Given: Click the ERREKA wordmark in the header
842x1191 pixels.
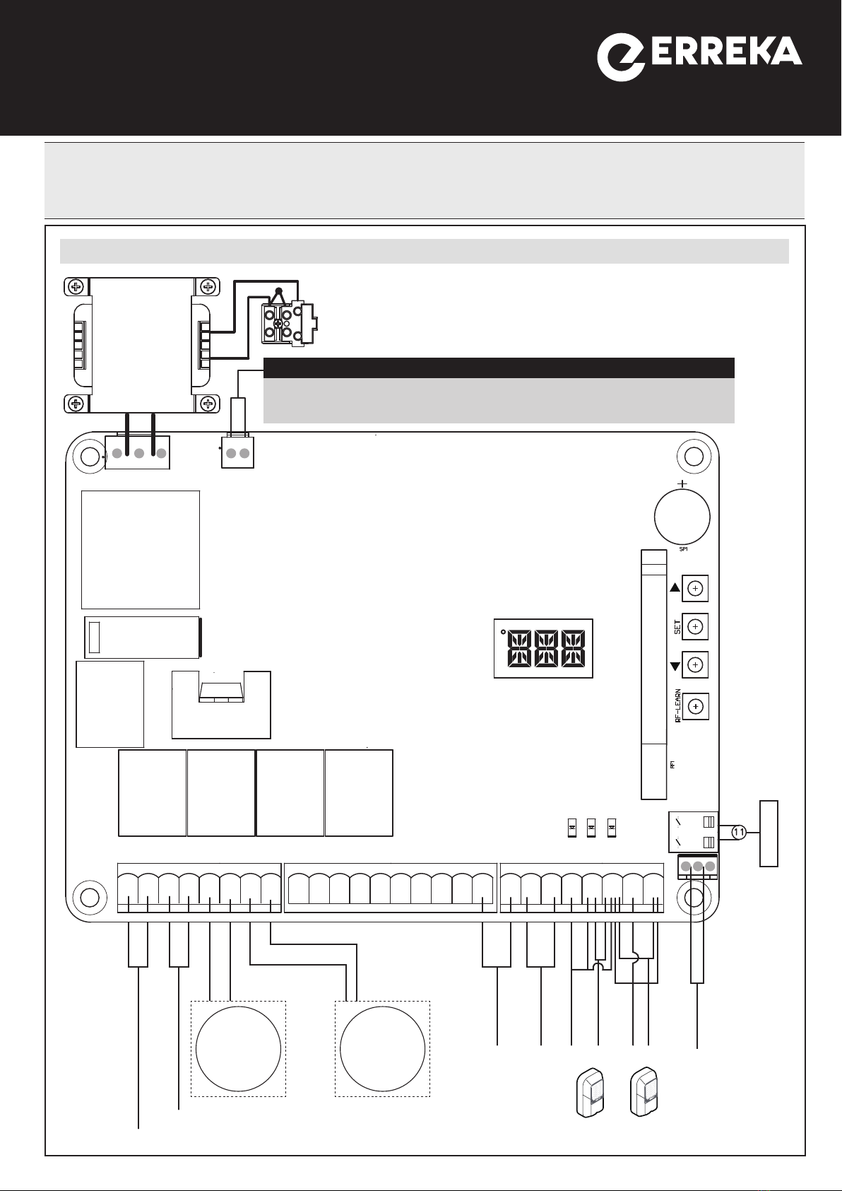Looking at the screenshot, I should tap(725, 52).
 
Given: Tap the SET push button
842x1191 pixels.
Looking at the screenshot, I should tap(695, 626).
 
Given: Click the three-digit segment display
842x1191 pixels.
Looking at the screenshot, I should tap(543, 649).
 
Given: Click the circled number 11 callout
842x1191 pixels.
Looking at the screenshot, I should tap(737, 833).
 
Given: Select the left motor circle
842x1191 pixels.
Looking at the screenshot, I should tap(238, 1049).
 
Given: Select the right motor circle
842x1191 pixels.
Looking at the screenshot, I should tap(382, 1049).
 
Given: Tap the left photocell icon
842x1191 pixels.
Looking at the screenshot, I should tap(591, 1092).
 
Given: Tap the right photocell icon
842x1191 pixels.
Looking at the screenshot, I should tap(645, 1092).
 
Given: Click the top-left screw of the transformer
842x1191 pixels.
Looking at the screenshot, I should tap(76, 287).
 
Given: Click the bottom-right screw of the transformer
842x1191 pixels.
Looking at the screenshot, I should tap(208, 404).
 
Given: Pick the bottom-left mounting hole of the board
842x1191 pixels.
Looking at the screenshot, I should tap(90, 897).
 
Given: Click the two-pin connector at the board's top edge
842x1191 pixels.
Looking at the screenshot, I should tap(237, 453).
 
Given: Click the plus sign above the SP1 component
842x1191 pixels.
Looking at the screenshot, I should tap(682, 483).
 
